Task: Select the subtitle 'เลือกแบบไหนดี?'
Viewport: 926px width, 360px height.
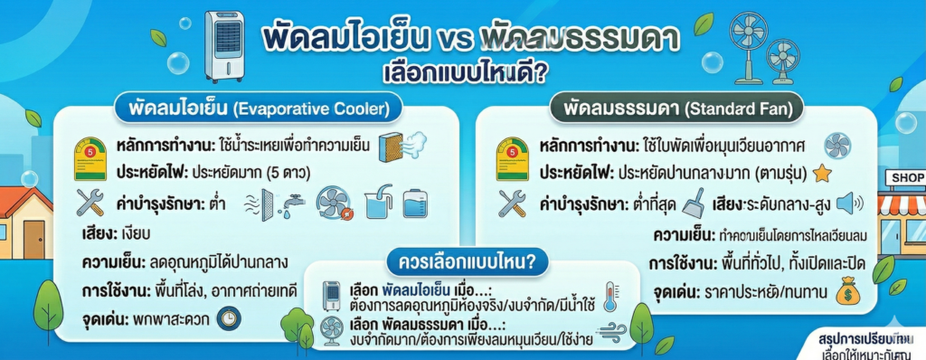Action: click(463, 71)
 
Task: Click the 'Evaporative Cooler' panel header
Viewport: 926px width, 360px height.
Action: click(251, 109)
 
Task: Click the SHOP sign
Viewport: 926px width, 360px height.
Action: click(906, 177)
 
